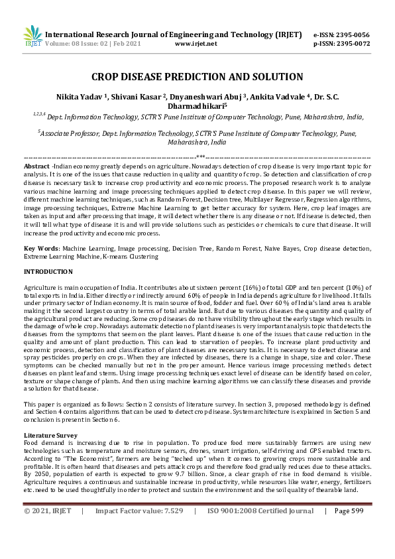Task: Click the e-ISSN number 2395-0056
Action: [x=354, y=34]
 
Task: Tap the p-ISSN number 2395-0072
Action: [x=354, y=44]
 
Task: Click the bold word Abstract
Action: [x=36, y=165]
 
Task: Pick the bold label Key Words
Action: [x=38, y=247]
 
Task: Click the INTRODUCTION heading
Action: [x=48, y=272]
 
